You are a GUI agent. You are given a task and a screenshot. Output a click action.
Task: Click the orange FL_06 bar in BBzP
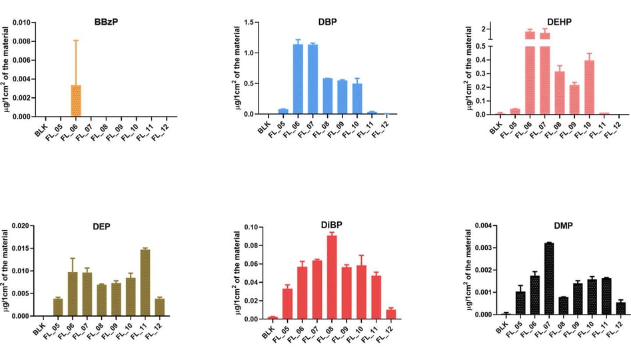click(x=76, y=101)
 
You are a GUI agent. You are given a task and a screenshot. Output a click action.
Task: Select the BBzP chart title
click(x=106, y=22)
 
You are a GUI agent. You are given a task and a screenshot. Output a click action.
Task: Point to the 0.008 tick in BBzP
click(x=21, y=41)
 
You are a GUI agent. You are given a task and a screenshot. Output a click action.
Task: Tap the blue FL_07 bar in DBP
click(x=313, y=79)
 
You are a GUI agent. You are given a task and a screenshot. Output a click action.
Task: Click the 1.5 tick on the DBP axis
click(x=249, y=23)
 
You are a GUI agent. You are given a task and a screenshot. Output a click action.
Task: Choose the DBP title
click(x=327, y=22)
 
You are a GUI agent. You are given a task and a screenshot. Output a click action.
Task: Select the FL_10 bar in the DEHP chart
click(x=589, y=87)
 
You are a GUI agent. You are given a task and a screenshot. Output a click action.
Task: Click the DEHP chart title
click(x=559, y=22)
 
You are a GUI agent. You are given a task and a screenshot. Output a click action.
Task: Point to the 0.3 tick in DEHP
click(x=480, y=73)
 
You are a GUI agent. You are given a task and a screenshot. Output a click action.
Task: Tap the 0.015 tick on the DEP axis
click(x=21, y=249)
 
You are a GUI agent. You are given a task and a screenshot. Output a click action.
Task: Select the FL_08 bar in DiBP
click(x=332, y=277)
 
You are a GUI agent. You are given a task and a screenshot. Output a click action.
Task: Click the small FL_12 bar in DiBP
click(x=390, y=314)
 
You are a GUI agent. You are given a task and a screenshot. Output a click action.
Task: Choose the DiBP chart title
click(x=332, y=225)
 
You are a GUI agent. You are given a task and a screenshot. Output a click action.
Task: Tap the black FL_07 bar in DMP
click(x=549, y=279)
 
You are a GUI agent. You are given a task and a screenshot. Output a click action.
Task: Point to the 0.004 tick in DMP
click(x=484, y=225)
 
